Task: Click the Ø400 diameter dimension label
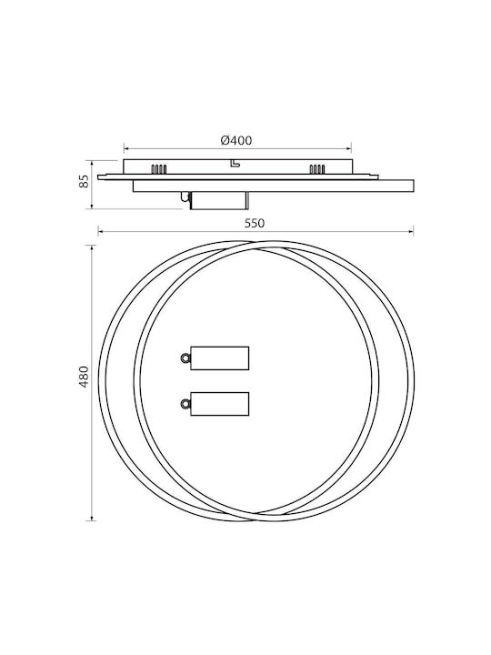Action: click(x=236, y=140)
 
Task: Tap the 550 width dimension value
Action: click(x=255, y=224)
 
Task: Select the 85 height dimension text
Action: click(x=85, y=181)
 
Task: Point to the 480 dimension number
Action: click(x=85, y=377)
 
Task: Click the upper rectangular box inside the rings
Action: click(x=220, y=358)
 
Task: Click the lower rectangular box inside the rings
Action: click(x=220, y=404)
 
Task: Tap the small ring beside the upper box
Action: click(x=185, y=358)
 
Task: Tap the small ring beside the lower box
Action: click(x=185, y=404)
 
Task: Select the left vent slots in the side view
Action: click(x=159, y=169)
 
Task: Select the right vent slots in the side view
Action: click(x=317, y=169)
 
